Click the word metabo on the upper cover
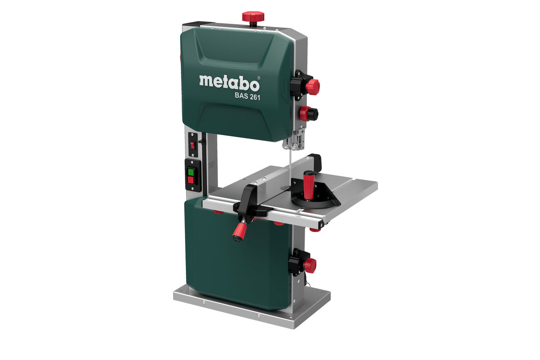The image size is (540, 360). pos(229,83)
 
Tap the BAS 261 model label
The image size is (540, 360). pos(247,96)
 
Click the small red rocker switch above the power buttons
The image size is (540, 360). pos(193,145)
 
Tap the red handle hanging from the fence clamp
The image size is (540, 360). pos(239,232)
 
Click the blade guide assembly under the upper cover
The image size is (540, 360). pos(291,144)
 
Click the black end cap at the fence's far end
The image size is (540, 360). pos(316,160)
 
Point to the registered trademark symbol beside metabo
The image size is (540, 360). pos(259,77)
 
